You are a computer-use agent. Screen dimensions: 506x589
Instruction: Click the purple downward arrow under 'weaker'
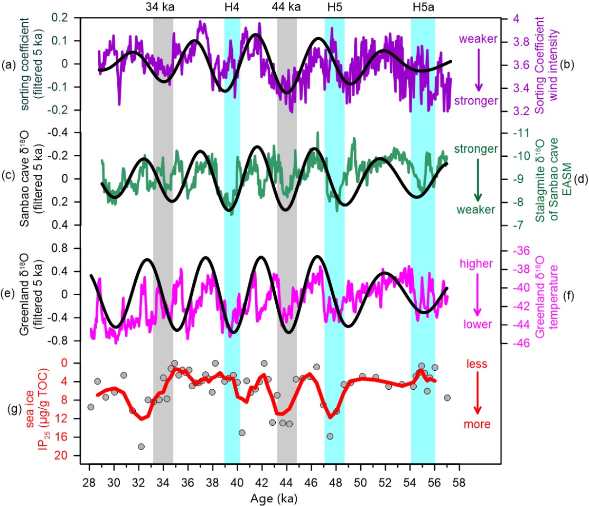478,70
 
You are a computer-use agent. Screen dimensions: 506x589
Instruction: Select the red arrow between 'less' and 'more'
478,393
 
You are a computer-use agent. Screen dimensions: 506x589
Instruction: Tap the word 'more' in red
478,424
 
